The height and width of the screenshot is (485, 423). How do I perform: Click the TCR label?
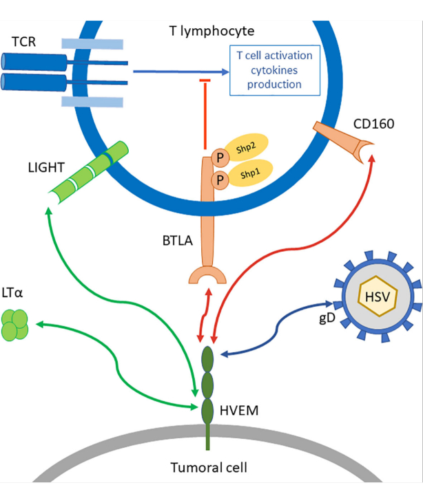(24, 42)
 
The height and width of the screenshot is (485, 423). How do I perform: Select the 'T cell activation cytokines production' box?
(274, 70)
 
